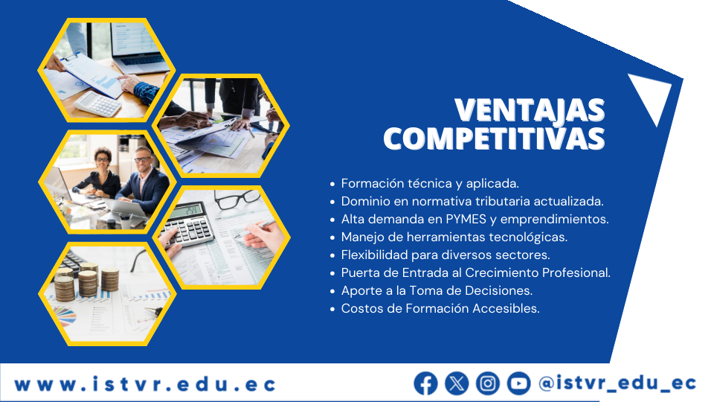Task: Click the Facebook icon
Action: click(x=425, y=383)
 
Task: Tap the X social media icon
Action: click(x=457, y=383)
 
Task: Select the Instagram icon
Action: click(x=488, y=383)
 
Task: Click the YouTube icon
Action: click(x=518, y=383)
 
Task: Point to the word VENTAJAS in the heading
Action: click(x=530, y=110)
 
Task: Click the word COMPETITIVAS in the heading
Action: click(x=495, y=138)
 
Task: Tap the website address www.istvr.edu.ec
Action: click(x=145, y=384)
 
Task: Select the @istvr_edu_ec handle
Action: click(x=617, y=383)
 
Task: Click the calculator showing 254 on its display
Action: click(x=188, y=224)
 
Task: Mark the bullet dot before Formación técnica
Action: click(x=332, y=184)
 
